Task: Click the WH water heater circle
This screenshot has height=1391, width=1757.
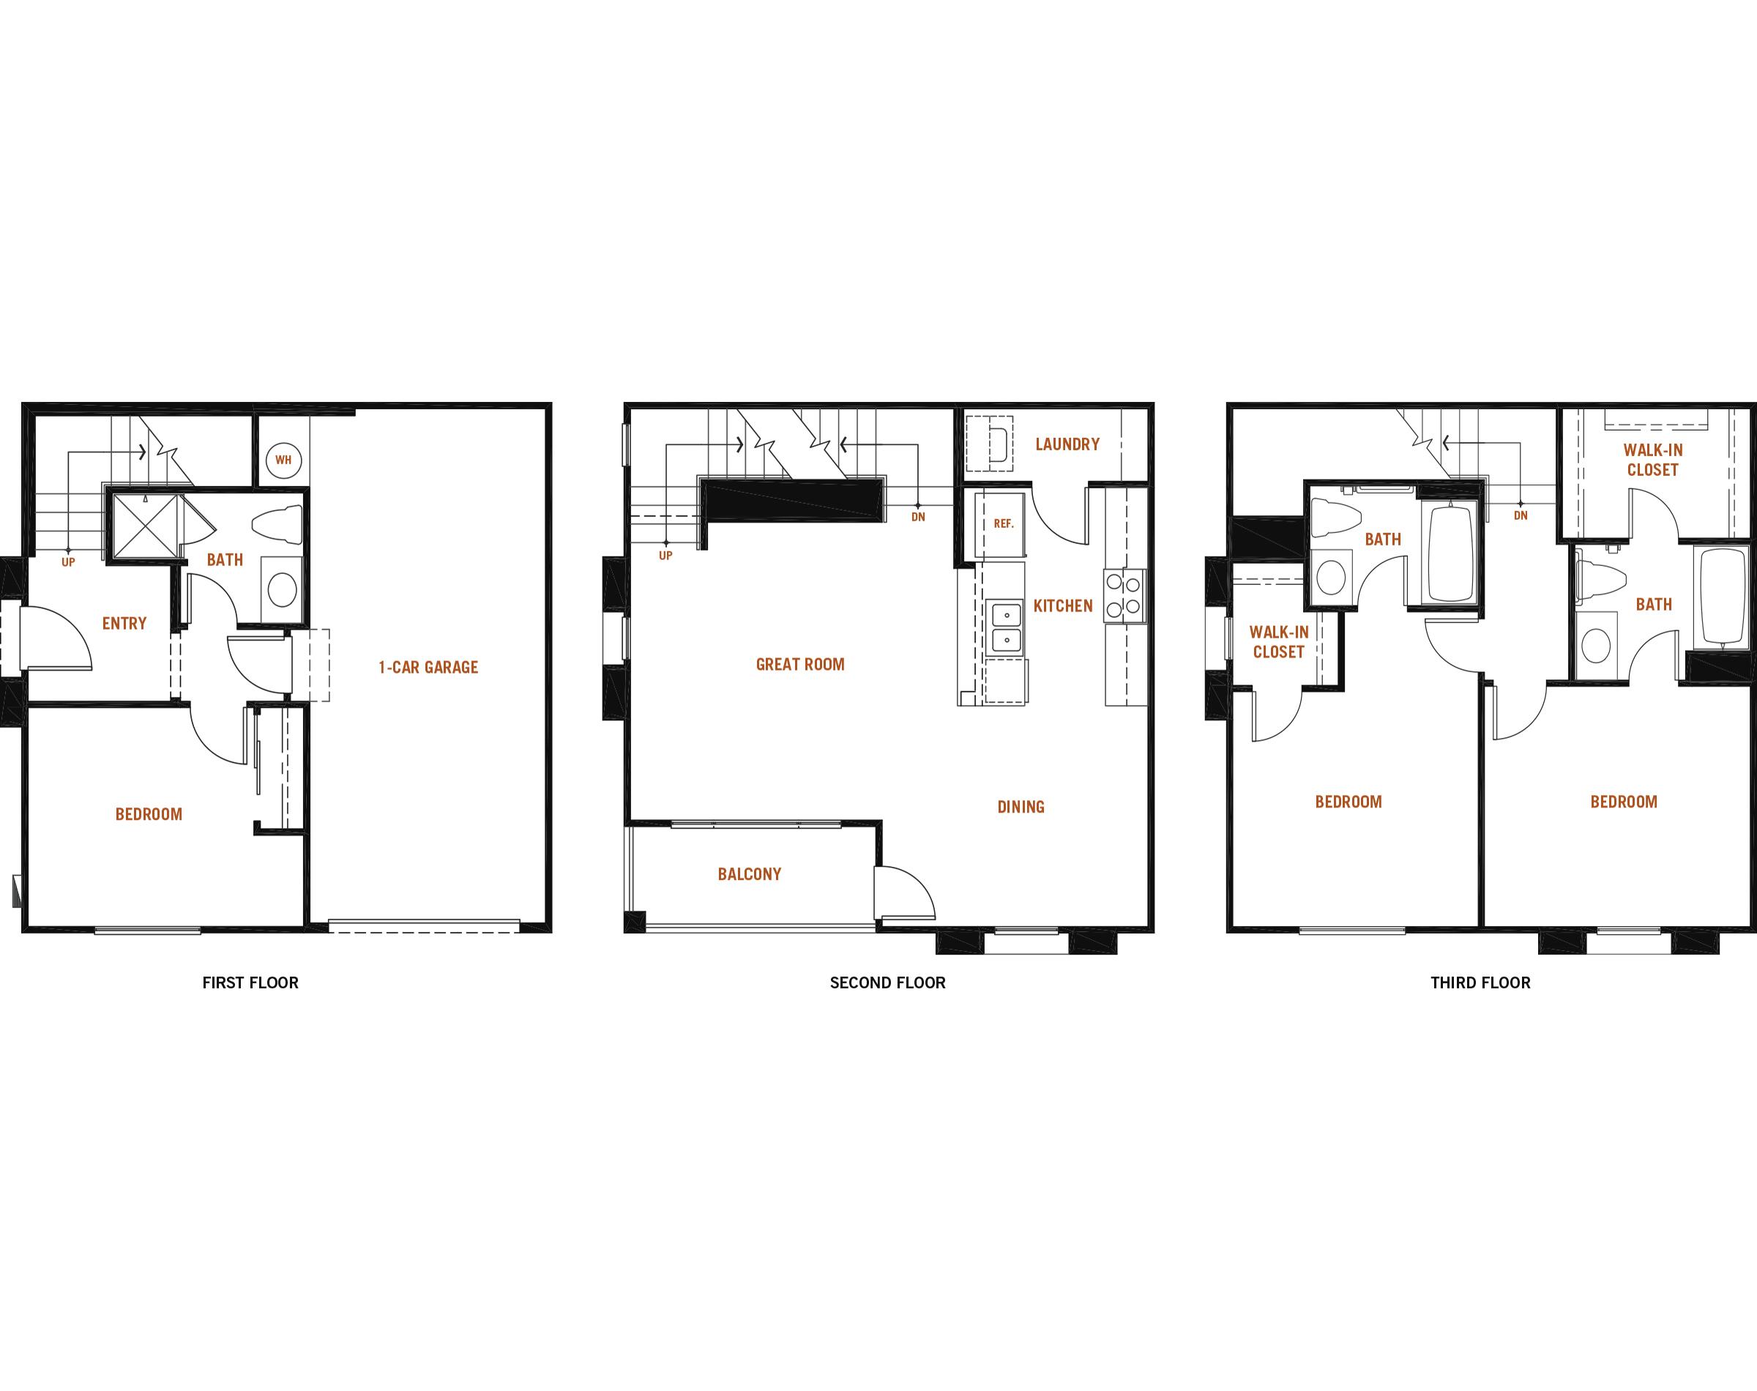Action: coord(283,460)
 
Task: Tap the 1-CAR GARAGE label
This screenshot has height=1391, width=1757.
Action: coord(428,667)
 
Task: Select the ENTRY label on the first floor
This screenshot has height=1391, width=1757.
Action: coord(124,623)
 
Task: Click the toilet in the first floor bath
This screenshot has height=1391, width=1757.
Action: coord(277,523)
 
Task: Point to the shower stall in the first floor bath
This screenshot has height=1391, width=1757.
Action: coord(144,526)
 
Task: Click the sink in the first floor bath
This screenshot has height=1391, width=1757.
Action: coord(283,589)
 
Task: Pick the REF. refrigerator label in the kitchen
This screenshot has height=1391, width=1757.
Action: coord(1003,523)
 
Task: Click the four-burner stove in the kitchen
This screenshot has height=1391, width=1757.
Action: coord(1124,595)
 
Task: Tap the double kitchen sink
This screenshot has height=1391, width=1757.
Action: coord(1007,627)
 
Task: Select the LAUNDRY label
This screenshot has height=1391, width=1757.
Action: coord(1067,444)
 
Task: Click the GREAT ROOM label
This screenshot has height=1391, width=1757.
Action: coord(800,664)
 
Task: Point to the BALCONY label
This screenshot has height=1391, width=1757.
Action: coord(749,874)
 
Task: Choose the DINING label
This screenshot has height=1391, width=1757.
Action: coord(1021,806)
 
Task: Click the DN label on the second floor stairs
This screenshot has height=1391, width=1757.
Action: coord(918,516)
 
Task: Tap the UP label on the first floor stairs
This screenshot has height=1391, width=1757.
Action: coord(68,562)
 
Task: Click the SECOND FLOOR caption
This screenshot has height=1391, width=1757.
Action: coord(887,982)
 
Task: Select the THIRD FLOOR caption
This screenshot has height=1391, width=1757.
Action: coord(1480,982)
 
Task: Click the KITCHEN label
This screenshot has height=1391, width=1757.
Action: coord(1063,605)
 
